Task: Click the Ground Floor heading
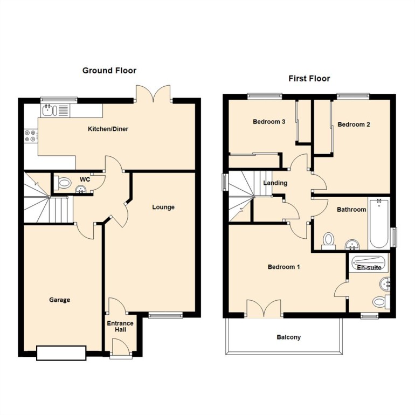point(109,71)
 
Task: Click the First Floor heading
point(309,79)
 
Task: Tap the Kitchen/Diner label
point(108,129)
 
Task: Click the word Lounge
point(163,207)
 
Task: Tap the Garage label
point(60,300)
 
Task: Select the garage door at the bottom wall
point(61,353)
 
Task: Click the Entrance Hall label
point(120,326)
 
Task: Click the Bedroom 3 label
point(269,122)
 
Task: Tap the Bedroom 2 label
point(354,124)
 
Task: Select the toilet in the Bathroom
point(329,240)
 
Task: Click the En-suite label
point(369,267)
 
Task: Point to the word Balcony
point(289,337)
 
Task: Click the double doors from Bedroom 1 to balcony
point(264,309)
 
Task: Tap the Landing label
point(275,183)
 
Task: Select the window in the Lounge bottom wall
point(165,315)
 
